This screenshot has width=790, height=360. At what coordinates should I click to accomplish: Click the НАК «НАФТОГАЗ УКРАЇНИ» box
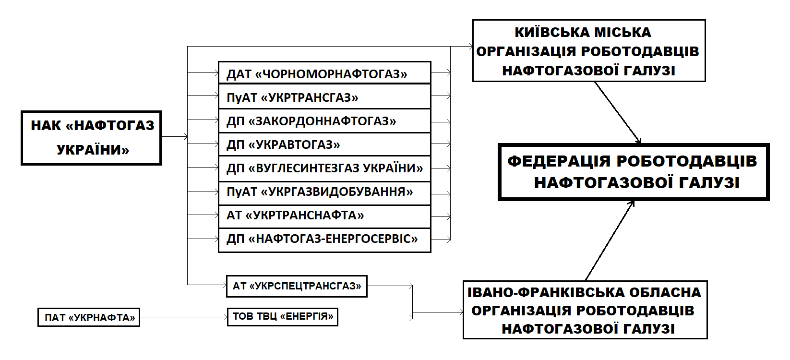tap(91, 138)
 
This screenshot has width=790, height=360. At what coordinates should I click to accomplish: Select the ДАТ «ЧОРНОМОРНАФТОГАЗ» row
tap(317, 74)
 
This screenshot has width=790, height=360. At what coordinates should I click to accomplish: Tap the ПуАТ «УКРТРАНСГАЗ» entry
tap(292, 97)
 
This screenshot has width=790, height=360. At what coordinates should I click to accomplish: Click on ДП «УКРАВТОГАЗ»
tap(283, 144)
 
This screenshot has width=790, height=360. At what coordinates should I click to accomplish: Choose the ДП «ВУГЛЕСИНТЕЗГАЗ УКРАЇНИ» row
tap(324, 168)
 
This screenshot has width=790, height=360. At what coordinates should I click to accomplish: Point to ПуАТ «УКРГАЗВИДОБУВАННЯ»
tap(320, 192)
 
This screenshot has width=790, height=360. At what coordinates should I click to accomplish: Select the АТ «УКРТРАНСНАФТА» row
tap(295, 215)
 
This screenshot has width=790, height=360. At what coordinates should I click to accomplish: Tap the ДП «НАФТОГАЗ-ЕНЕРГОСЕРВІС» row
tap(322, 239)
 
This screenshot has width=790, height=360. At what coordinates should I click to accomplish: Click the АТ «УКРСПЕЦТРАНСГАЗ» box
tap(297, 286)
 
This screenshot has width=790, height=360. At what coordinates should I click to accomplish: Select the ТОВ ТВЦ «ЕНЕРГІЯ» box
tap(282, 316)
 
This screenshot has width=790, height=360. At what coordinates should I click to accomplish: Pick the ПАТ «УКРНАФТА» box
tap(89, 317)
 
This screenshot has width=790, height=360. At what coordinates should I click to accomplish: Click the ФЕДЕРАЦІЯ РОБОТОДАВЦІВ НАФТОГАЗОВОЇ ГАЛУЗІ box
tap(634, 172)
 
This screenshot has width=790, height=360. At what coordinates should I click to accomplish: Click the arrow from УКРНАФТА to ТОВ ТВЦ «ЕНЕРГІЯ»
tap(182, 317)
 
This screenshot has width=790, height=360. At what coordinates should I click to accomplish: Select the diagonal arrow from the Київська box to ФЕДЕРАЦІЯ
tap(618, 112)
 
